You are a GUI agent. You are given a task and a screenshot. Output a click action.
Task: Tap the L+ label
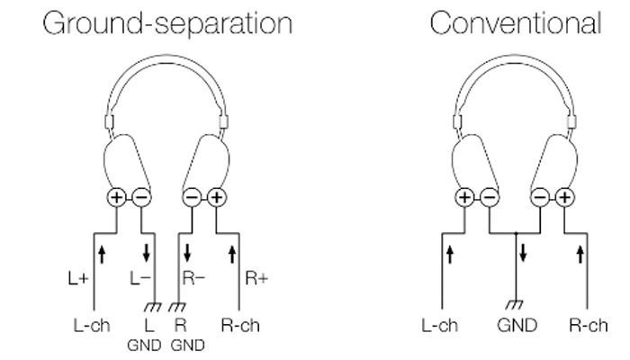77,279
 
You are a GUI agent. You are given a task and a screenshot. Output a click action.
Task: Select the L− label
139,279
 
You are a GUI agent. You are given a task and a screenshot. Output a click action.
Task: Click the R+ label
256,279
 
